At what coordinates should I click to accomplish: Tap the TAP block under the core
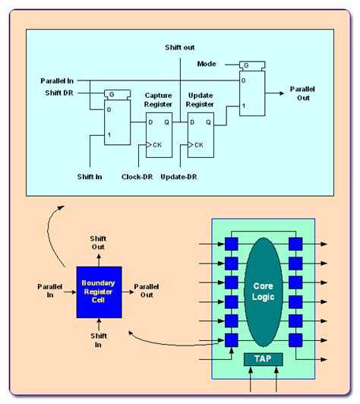[x=262, y=358]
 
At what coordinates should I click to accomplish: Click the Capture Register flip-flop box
[x=159, y=134]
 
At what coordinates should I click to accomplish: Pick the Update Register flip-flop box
[x=201, y=134]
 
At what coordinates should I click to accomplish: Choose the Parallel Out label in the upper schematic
[x=303, y=93]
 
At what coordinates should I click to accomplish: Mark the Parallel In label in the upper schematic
[x=58, y=80]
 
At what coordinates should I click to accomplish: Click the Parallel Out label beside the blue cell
[x=149, y=291]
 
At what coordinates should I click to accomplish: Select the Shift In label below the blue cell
[x=99, y=340]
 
